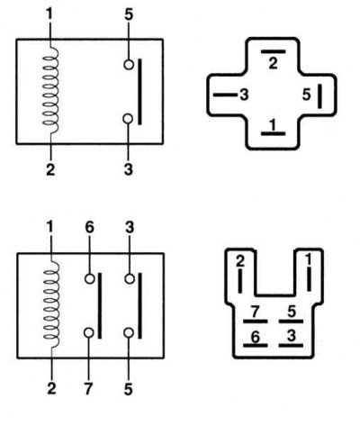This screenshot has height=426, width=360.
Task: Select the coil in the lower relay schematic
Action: coord(51,304)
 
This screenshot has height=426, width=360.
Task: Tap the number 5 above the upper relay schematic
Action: coord(129,15)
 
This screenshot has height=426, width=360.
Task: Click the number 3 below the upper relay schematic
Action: coord(129,169)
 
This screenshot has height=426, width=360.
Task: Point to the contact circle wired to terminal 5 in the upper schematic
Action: coord(129,65)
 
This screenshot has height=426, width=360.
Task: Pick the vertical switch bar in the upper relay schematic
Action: coord(139,92)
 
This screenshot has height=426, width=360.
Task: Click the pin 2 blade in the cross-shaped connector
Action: coord(273,51)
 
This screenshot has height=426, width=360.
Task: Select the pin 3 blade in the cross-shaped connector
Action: coord(225,95)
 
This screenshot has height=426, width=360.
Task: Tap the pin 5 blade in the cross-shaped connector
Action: coord(319,96)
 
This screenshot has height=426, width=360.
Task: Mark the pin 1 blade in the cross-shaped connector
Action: coord(273,133)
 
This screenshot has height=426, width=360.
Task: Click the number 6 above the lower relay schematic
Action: coord(89,228)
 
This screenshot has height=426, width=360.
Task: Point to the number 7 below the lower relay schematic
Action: coord(88,389)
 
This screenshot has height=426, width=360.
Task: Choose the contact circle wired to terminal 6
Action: coord(89,278)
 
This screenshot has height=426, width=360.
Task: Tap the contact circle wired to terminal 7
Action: coord(89,332)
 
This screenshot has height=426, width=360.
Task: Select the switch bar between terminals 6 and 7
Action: coord(100,305)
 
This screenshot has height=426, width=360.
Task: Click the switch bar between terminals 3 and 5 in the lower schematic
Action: coord(139,305)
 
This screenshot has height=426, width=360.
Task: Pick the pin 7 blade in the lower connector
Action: coord(255,322)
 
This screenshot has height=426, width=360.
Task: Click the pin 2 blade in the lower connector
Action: coord(240,281)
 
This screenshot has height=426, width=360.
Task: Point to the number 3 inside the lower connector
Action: coord(292,335)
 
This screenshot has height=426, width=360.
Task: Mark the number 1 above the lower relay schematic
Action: coord(49,227)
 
